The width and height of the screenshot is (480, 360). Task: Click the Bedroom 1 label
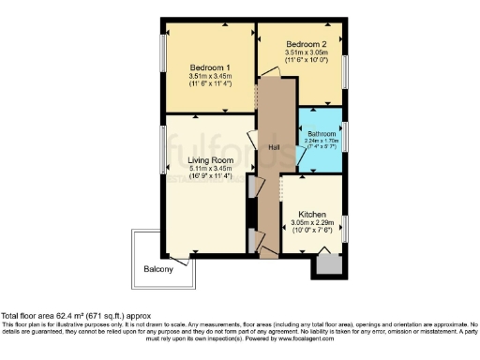(210, 67)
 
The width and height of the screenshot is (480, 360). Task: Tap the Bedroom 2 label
(306, 44)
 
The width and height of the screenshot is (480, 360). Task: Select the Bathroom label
(323, 133)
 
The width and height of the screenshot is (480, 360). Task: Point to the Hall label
(275, 148)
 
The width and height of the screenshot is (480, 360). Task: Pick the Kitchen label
(312, 213)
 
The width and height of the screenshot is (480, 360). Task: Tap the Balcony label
(158, 270)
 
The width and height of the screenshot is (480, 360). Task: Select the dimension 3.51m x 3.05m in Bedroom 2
(306, 53)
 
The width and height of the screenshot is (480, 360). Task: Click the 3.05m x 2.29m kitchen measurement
(312, 222)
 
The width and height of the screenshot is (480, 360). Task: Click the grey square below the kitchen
(329, 264)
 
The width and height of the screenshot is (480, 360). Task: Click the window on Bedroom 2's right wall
(346, 72)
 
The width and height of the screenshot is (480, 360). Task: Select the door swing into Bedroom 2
(270, 73)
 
